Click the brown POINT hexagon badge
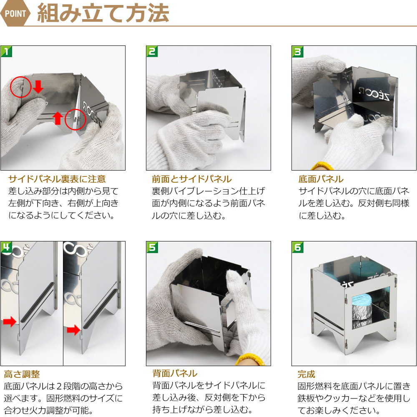coord(15,13)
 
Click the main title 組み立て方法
coord(103,13)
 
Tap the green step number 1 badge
coord(6,51)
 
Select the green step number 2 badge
coord(152,51)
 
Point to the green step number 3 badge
coord(298,52)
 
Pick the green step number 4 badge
coord(6,247)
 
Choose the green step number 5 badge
coord(152,247)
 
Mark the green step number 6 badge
coord(298,247)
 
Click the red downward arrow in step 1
coord(38,86)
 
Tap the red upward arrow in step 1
coord(58,118)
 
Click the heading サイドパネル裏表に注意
coord(57,179)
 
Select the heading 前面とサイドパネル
coord(192,179)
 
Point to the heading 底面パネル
coord(321,179)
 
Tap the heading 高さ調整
coord(22,374)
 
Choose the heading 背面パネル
coord(175,373)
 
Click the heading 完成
coord(306,374)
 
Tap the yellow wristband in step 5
coord(250,359)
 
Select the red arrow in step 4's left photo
coord(10,322)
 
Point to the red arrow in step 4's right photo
coord(73,330)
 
